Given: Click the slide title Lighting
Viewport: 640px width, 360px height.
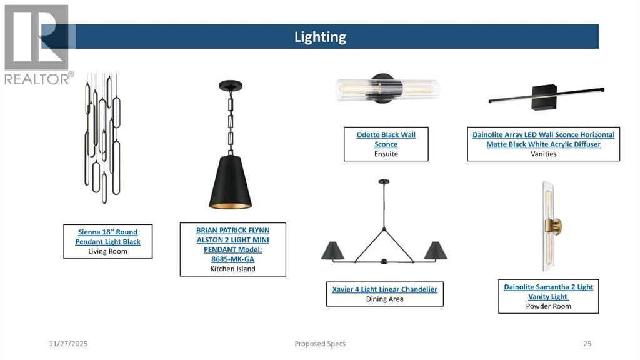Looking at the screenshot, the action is pyautogui.click(x=320, y=37).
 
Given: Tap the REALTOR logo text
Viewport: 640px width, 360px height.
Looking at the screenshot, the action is pyautogui.click(x=37, y=79).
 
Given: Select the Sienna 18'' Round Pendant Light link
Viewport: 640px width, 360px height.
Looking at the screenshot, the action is pyautogui.click(x=107, y=237).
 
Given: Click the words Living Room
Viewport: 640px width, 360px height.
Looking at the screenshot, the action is pyautogui.click(x=107, y=251).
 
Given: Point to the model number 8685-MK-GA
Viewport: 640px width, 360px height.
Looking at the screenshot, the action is pyautogui.click(x=232, y=259).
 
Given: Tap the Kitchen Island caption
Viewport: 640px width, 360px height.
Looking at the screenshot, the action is pyautogui.click(x=232, y=269).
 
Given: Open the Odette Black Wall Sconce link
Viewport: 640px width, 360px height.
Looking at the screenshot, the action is pyautogui.click(x=386, y=139).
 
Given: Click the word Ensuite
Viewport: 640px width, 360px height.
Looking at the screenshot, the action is pyautogui.click(x=386, y=154).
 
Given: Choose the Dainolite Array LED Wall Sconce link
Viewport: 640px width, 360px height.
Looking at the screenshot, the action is pyautogui.click(x=543, y=139).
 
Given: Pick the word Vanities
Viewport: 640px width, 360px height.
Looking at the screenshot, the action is pyautogui.click(x=543, y=154).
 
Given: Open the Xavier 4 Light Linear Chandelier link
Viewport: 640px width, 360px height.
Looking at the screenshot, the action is pyautogui.click(x=384, y=289).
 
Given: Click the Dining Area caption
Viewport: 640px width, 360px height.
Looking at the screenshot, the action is pyautogui.click(x=384, y=299).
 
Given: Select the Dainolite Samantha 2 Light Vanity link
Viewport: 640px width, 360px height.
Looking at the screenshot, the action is pyautogui.click(x=548, y=292).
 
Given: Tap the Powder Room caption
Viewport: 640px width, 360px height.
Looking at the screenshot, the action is pyautogui.click(x=548, y=306).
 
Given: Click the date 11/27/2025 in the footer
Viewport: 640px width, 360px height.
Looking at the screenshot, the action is pyautogui.click(x=68, y=344).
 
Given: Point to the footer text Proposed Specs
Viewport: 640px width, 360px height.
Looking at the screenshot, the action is pyautogui.click(x=320, y=344).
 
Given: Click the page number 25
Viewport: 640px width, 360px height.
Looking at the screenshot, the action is pyautogui.click(x=587, y=344).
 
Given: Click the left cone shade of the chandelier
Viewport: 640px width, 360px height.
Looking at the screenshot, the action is pyautogui.click(x=332, y=251).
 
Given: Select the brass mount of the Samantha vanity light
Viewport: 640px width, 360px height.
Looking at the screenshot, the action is pyautogui.click(x=555, y=226).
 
